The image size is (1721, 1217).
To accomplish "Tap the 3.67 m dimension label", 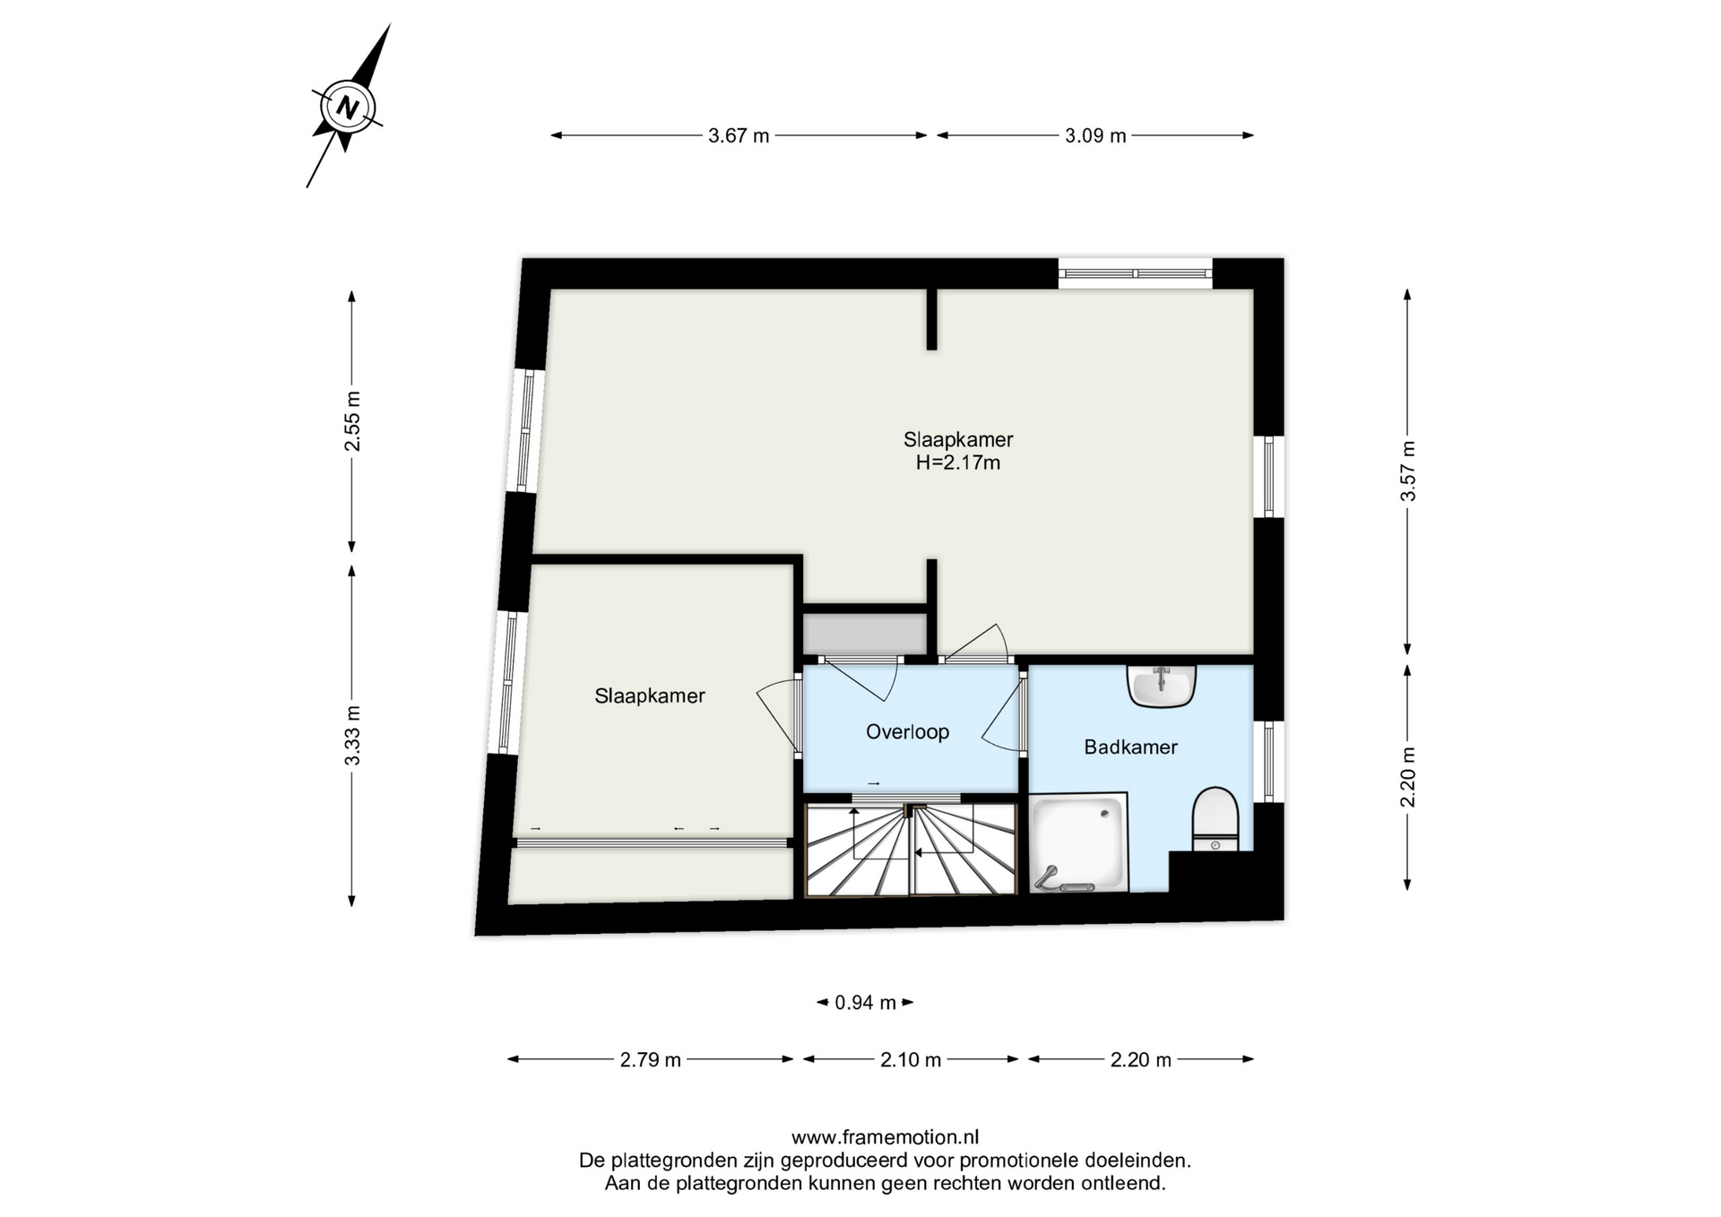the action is [x=739, y=136].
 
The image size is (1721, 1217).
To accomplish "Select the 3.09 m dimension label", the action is [x=1095, y=136].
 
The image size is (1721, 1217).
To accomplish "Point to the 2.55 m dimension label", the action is [x=352, y=420].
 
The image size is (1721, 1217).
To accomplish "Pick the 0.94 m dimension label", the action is [x=865, y=1003].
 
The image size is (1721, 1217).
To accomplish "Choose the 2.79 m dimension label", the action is [x=651, y=1060].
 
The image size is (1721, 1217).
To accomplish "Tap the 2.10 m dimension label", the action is [x=911, y=1060].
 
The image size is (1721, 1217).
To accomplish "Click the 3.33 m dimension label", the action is [x=352, y=736].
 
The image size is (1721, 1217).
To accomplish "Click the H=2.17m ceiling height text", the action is [x=958, y=463].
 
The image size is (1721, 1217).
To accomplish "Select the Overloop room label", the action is [x=907, y=732].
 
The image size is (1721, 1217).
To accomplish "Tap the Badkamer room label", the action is [x=1130, y=747].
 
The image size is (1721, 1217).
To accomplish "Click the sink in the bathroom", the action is [x=1162, y=686].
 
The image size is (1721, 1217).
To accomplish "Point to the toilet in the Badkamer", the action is [x=1215, y=818].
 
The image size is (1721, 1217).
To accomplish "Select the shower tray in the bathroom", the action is [x=1079, y=843].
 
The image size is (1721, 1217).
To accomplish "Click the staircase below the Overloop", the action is [x=911, y=849].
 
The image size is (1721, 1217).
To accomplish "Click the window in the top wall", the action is [x=1135, y=273].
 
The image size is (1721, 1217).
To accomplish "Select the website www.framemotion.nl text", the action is [x=885, y=1138].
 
